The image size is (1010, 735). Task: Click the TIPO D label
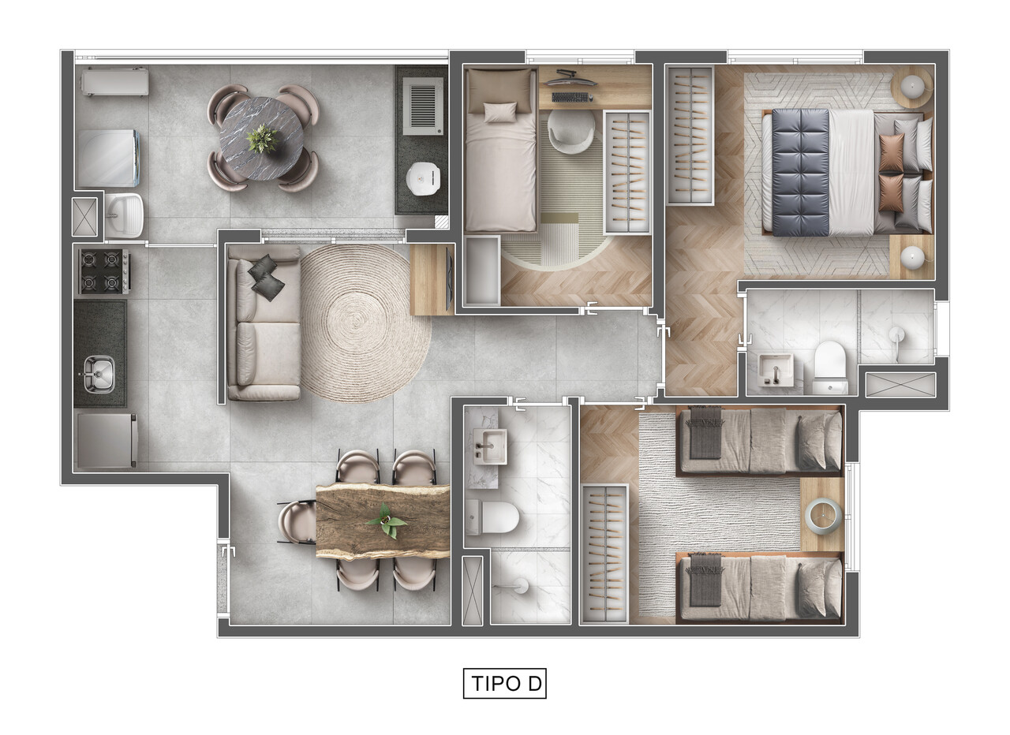504,683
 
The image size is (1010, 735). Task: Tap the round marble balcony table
261,139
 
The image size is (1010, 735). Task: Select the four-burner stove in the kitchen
103,271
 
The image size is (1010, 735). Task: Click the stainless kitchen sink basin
99,371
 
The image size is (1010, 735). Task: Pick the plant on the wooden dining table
387,521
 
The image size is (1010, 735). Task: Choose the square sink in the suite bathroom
776,369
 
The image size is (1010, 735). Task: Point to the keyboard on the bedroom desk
571,97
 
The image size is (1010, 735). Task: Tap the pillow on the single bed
500,112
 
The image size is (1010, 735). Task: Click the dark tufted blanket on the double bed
800,173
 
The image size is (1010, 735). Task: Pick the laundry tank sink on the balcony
125,214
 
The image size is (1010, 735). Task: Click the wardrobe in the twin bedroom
604,553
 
